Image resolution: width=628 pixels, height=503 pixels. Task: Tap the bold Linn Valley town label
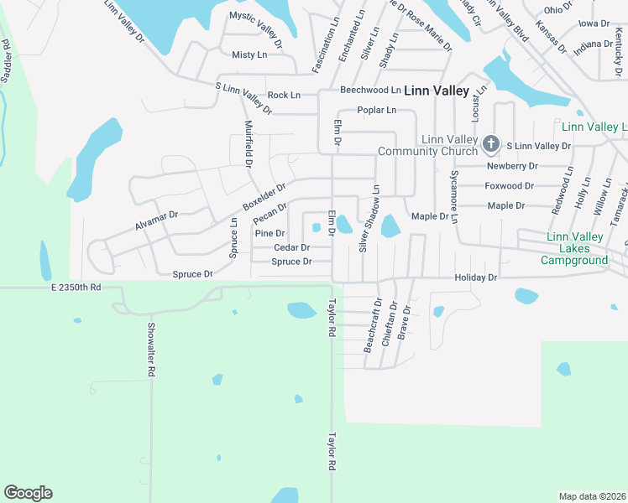[437, 90]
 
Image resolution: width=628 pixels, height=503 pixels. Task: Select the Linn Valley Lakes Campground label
[575, 249]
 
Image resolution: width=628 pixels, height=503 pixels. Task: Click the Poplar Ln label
[376, 110]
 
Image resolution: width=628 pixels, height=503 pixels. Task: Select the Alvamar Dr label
[157, 220]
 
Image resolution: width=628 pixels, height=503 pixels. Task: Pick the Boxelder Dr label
[264, 196]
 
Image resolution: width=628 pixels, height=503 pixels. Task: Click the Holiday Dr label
[476, 277]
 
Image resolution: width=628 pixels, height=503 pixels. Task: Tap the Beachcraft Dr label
[371, 324]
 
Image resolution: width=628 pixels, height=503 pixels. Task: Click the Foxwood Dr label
[509, 186]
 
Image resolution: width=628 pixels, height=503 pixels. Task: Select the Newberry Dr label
[511, 166]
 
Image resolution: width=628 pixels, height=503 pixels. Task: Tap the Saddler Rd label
[8, 61]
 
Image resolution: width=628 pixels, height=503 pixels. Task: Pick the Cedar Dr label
[292, 247]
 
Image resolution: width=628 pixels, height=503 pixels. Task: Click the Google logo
[28, 492]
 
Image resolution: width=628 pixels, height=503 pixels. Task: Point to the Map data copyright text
[591, 496]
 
